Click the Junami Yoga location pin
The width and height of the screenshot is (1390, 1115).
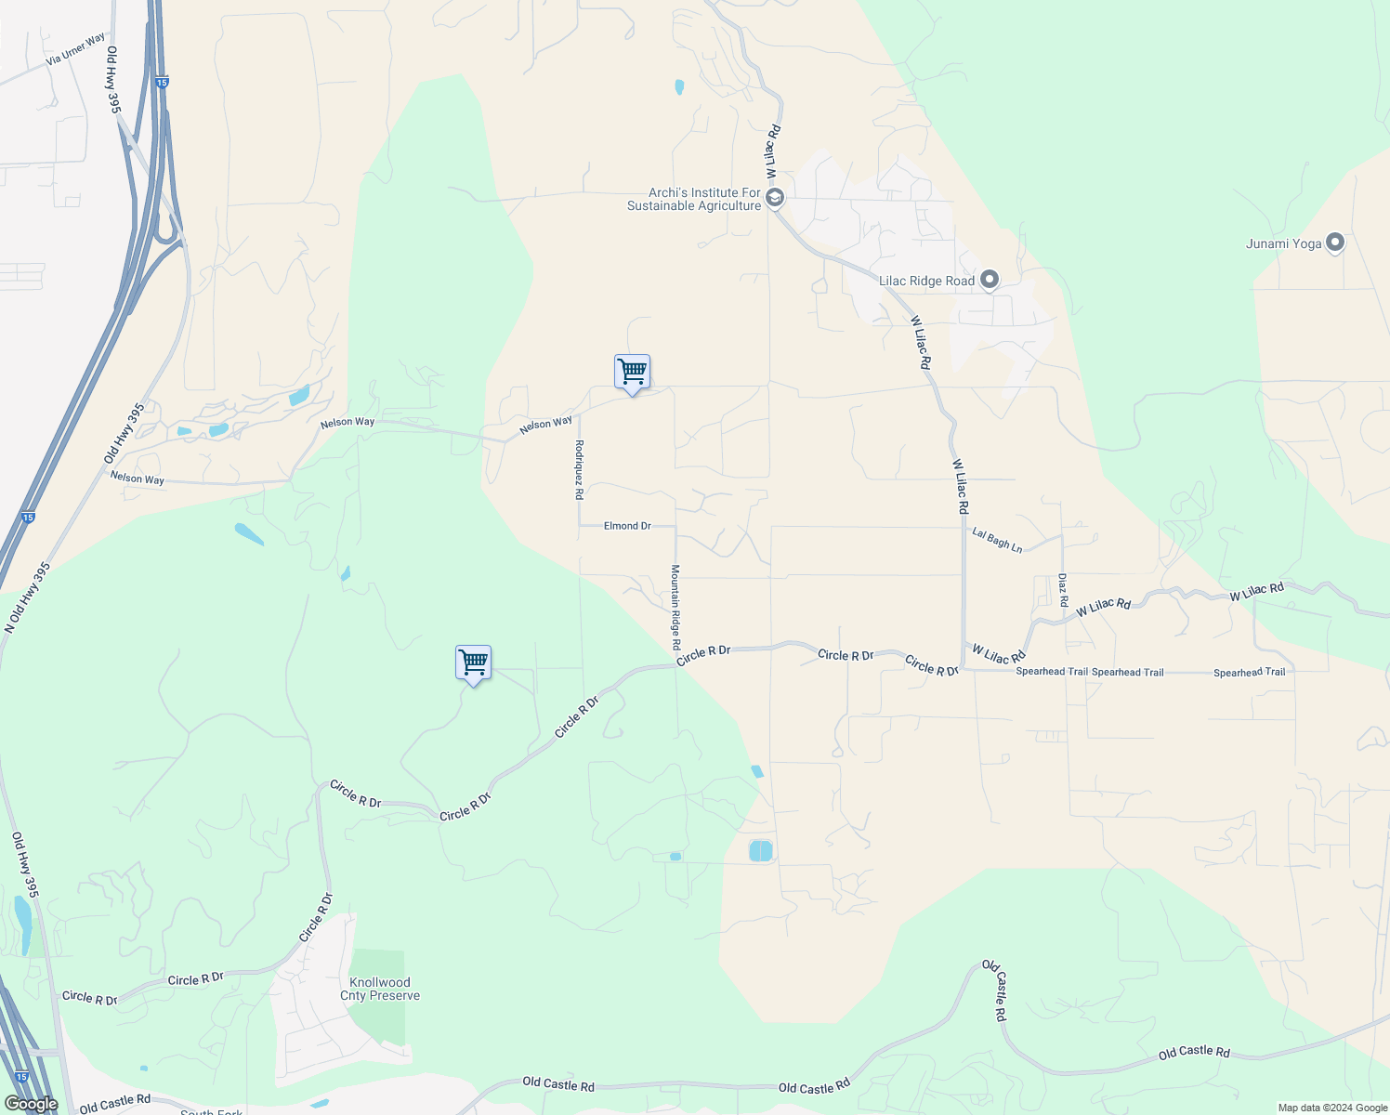coord(1335,243)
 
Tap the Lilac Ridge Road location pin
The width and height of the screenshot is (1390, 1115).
coord(990,280)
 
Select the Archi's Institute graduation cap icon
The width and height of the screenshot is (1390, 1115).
coord(775,198)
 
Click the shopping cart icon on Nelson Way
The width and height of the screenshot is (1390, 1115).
coord(632,373)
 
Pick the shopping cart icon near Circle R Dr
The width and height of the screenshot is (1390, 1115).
coord(474,663)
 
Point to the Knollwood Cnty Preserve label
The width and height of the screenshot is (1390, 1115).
coord(381,989)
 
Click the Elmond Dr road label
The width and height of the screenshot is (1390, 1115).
coord(627,526)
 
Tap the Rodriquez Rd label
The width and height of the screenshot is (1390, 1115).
coord(579,470)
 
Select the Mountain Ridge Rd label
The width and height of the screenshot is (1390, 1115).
coord(676,607)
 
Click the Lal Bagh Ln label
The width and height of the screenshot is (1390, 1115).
coord(997,540)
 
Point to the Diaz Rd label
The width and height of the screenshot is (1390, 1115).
coord(1063,590)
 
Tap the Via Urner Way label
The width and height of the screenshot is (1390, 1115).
coord(76,51)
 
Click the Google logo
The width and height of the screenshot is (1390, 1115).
coord(32,1104)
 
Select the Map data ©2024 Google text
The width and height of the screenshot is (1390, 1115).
coord(1331,1108)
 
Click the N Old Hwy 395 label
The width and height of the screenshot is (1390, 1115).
coord(27,597)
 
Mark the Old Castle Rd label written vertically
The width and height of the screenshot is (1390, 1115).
coord(994,991)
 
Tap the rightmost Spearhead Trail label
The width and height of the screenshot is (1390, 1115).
coord(1249,672)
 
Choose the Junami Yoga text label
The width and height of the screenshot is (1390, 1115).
coord(1283,243)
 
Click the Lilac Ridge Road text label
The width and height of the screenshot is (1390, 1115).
coord(927,281)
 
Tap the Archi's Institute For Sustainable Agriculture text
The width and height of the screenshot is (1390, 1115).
coord(694,199)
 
